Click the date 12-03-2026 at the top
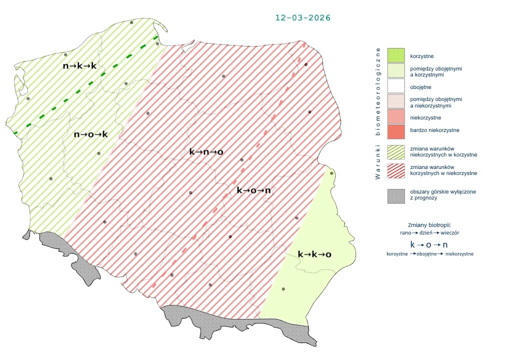pos(302,17)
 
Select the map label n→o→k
pos(90,134)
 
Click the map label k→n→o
pos(206,151)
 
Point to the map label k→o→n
pos(253,190)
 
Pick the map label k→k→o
pos(314,254)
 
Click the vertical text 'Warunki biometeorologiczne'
pos(378,113)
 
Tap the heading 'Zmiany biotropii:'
pos(429,225)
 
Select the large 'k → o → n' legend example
pos(429,245)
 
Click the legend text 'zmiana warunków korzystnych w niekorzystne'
pos(442,170)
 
